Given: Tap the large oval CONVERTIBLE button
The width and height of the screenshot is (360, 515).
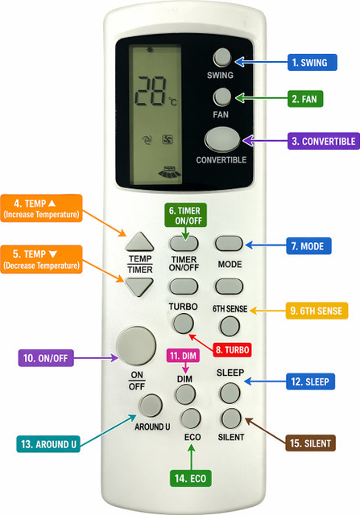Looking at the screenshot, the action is [x=222, y=139].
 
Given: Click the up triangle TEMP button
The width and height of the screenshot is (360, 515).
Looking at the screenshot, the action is [x=139, y=242].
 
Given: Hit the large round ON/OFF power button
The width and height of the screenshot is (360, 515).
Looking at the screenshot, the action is [x=136, y=346].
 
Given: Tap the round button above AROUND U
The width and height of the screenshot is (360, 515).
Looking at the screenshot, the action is [x=151, y=406].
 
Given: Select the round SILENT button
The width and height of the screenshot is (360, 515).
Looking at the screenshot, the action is [x=231, y=418].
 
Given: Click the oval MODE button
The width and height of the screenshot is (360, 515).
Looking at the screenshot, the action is [x=230, y=243].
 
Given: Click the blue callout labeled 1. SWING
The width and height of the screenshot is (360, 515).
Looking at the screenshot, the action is [x=312, y=63].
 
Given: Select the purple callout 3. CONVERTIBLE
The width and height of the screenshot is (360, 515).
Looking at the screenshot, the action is [x=324, y=142].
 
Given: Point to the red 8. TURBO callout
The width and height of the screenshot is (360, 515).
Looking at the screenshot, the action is [x=232, y=350].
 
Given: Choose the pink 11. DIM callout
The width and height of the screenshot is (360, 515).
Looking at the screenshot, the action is [x=183, y=356].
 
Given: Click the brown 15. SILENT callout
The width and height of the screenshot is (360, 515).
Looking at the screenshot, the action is [x=310, y=443].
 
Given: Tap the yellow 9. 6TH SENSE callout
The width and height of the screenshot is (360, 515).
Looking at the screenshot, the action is [x=317, y=311].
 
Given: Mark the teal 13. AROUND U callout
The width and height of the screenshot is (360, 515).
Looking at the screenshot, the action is [x=48, y=444].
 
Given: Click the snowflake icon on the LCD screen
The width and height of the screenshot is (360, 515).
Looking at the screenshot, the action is [x=151, y=50].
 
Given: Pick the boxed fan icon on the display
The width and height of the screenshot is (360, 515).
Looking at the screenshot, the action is [x=168, y=140].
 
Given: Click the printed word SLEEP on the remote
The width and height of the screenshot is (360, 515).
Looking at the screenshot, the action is [x=230, y=373].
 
